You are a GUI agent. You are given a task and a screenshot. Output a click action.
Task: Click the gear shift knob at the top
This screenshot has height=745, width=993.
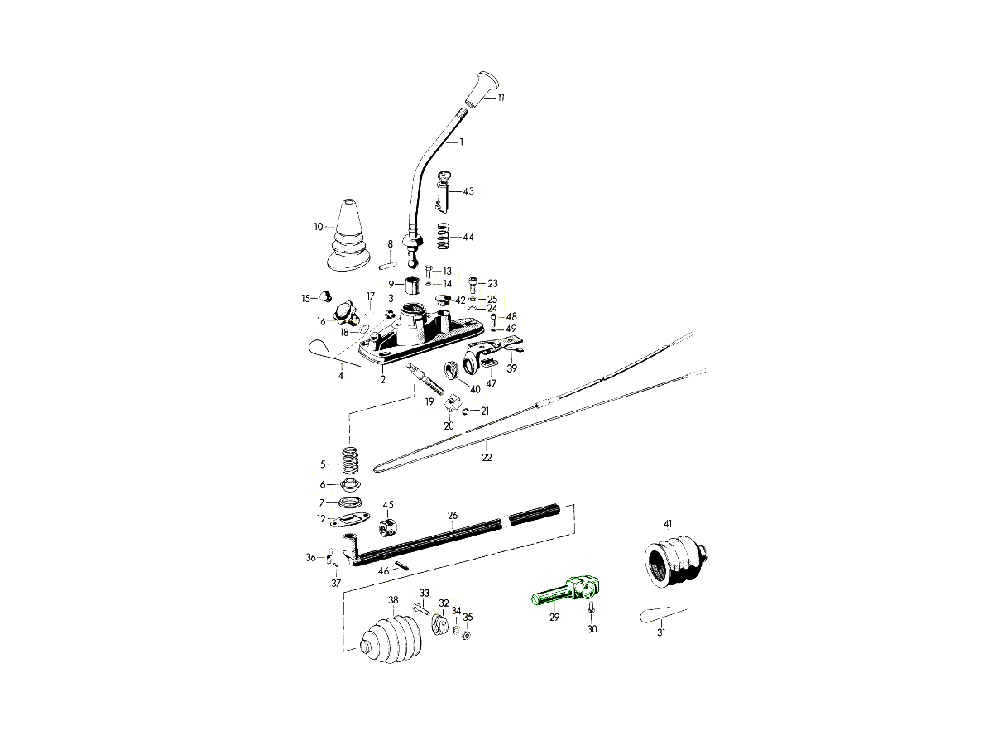(482, 89)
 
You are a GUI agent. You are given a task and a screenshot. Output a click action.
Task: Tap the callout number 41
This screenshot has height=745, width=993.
(668, 524)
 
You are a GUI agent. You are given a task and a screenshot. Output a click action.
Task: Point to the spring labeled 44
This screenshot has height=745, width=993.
(444, 237)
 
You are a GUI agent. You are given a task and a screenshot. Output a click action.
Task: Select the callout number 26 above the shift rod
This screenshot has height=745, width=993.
(453, 516)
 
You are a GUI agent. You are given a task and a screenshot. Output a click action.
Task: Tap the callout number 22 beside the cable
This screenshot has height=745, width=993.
(487, 458)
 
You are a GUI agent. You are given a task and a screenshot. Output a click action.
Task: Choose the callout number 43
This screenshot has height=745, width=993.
(468, 191)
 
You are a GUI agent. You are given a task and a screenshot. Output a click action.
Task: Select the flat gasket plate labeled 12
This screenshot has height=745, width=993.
(350, 521)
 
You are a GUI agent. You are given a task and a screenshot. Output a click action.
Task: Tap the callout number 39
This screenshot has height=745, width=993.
(511, 368)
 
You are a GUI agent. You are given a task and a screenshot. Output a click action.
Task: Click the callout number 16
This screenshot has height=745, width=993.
(321, 321)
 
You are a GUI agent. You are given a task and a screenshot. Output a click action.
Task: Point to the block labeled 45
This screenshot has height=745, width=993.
(387, 526)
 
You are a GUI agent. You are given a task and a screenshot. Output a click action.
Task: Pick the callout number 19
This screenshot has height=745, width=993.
(429, 401)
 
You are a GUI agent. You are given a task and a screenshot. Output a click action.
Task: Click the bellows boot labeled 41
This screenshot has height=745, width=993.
(672, 560)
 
